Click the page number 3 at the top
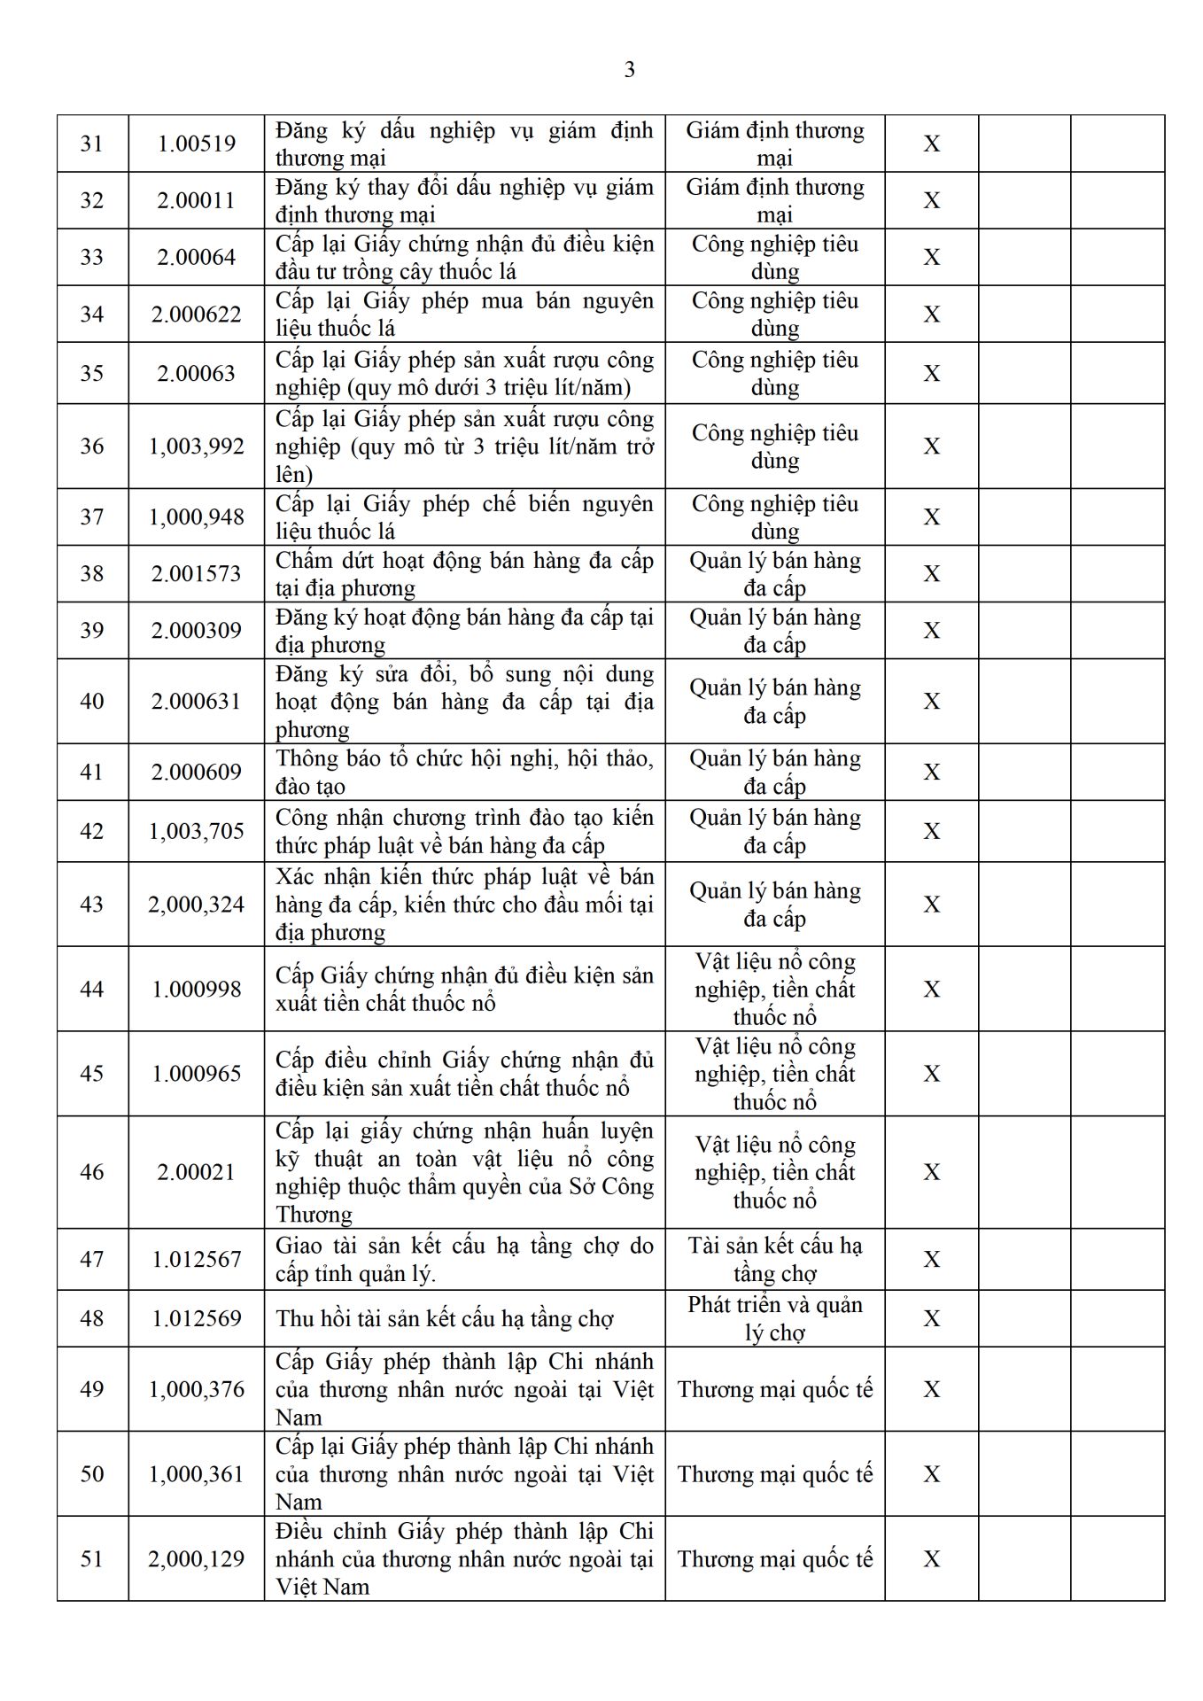[x=629, y=70]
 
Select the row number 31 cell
[x=92, y=144]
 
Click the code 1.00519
[x=196, y=144]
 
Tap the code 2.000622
[x=196, y=315]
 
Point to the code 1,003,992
[x=196, y=447]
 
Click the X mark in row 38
[x=931, y=574]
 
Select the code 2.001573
[x=196, y=574]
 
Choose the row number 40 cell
[x=92, y=702]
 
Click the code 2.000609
[x=196, y=773]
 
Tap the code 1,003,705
[x=196, y=832]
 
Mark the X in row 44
[x=931, y=990]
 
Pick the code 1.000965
[x=196, y=1074]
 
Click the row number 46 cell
[x=92, y=1172]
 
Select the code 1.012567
[x=196, y=1260]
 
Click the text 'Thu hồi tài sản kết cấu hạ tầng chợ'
[x=445, y=1319]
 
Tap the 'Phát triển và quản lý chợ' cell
[x=774, y=1319]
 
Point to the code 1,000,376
[x=196, y=1389]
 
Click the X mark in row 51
[x=931, y=1559]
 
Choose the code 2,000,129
[x=196, y=1559]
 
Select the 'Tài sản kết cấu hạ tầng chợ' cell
[x=774, y=1260]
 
